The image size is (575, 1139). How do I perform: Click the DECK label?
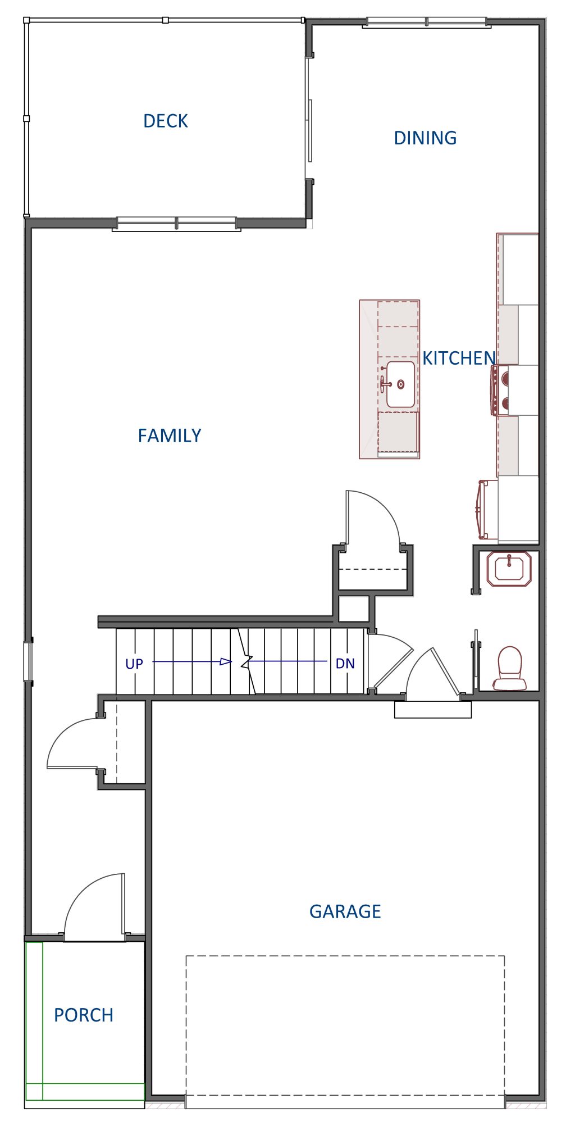point(165,121)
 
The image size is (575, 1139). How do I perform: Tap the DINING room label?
point(425,138)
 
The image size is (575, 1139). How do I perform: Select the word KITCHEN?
point(459,358)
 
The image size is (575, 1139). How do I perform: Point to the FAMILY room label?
point(170,435)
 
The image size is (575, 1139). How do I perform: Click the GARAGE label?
point(345,911)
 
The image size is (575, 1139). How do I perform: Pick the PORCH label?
point(84,1015)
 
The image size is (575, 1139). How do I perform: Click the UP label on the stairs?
point(134,664)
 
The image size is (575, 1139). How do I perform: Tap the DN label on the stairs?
point(345,664)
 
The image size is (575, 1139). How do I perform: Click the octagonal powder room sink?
point(509,569)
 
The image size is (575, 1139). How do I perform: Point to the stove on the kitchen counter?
point(500,390)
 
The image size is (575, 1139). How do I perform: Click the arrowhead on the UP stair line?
point(225,662)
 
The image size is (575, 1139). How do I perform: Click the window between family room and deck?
point(176,224)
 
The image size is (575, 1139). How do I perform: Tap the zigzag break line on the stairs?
point(245,662)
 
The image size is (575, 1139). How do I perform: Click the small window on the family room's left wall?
point(28,661)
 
